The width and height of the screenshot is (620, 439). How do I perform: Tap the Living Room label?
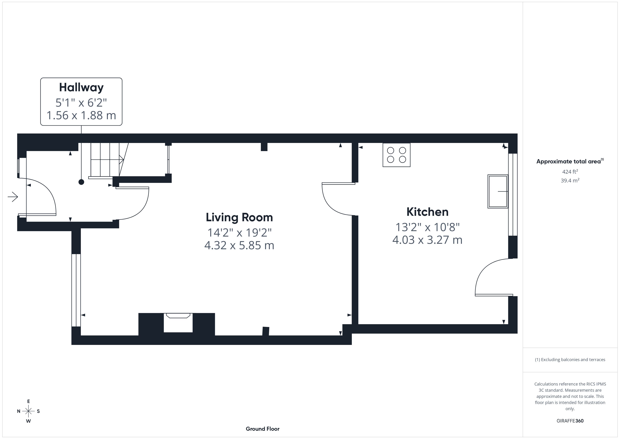(239, 218)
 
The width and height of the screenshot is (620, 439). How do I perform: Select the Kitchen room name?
(427, 212)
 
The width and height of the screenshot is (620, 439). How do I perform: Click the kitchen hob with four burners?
(396, 155)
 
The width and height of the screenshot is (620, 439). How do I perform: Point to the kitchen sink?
(498, 191)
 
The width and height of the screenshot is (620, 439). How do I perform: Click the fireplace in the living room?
(178, 323)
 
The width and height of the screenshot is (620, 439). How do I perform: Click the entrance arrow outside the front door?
(13, 197)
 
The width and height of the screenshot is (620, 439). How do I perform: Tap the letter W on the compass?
(28, 421)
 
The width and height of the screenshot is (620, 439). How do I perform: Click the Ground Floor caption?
(263, 429)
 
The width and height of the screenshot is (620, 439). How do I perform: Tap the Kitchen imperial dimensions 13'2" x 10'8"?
(427, 227)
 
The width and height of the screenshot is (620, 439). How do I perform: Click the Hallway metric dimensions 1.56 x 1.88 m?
(81, 115)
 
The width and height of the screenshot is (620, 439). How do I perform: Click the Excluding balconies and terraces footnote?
(570, 360)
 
